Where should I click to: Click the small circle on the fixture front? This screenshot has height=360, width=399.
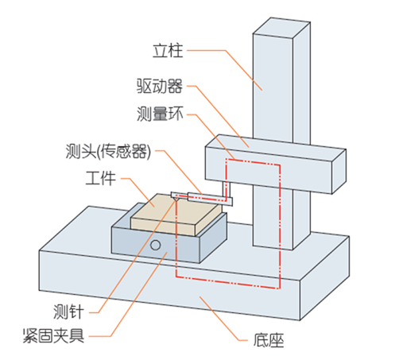click(156, 244)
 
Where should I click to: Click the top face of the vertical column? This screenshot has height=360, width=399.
click(278, 23)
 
